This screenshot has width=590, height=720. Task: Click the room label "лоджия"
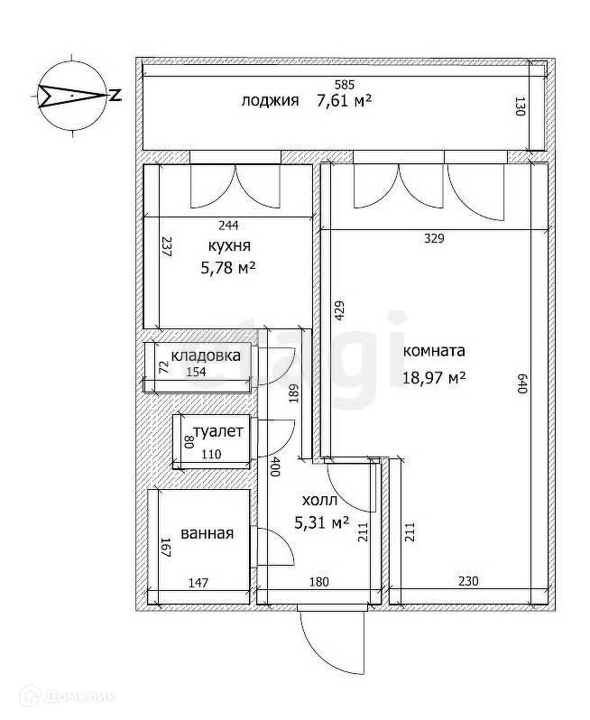point(269,100)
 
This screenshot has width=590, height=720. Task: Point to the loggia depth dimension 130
point(520,108)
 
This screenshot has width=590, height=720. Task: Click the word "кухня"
point(228,245)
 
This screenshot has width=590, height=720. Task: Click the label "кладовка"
point(206,355)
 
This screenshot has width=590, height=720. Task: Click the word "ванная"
point(207,533)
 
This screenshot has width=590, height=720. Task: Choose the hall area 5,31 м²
point(322,522)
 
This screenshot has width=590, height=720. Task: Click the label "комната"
point(433,351)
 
